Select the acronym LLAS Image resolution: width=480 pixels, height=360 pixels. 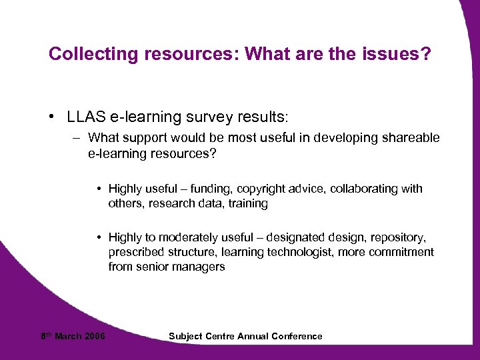click(x=85, y=117)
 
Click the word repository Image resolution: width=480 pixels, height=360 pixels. click(x=398, y=237)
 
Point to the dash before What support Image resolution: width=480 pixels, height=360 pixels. click(x=77, y=138)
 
